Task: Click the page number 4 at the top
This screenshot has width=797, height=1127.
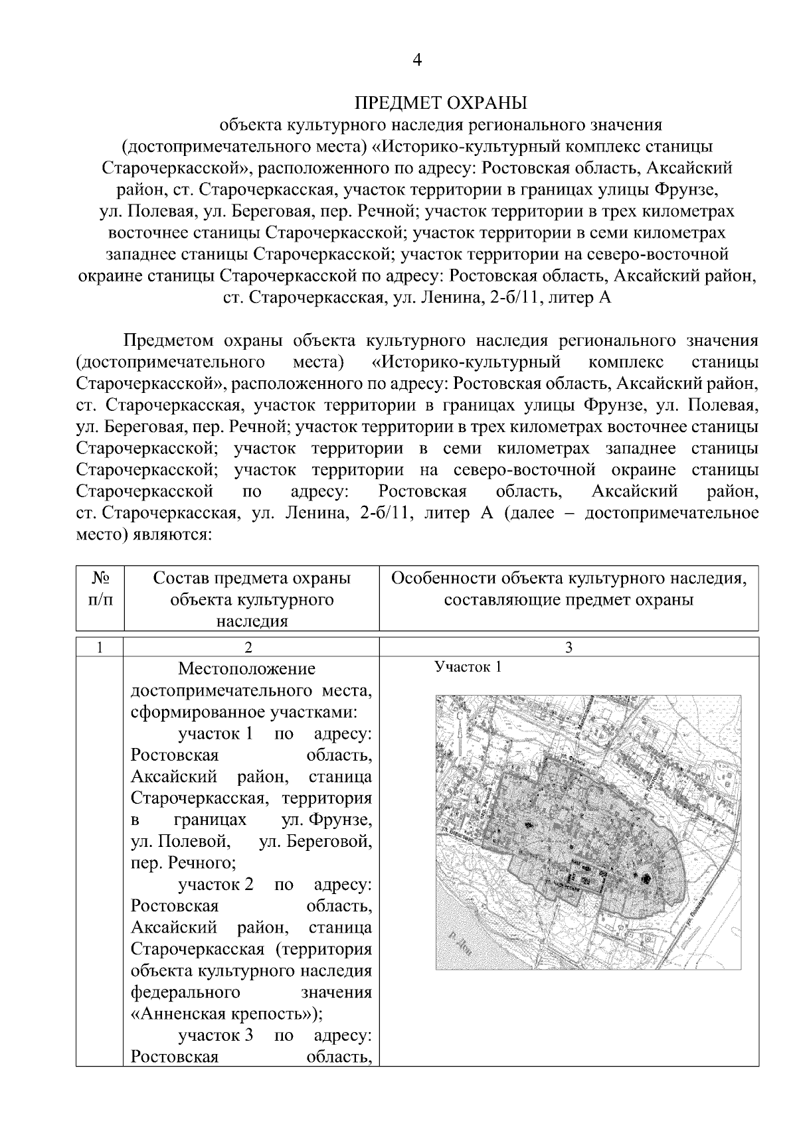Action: [x=416, y=60]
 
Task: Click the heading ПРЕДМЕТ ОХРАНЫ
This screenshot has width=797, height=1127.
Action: [x=440, y=103]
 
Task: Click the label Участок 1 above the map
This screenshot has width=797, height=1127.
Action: [x=468, y=667]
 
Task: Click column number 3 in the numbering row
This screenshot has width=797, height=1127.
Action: [x=569, y=648]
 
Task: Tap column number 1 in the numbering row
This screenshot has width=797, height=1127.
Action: [x=100, y=648]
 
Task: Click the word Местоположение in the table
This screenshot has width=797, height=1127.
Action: [x=247, y=668]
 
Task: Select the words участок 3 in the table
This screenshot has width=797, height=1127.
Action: [x=216, y=1036]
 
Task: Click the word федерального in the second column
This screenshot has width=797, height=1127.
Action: [x=185, y=993]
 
